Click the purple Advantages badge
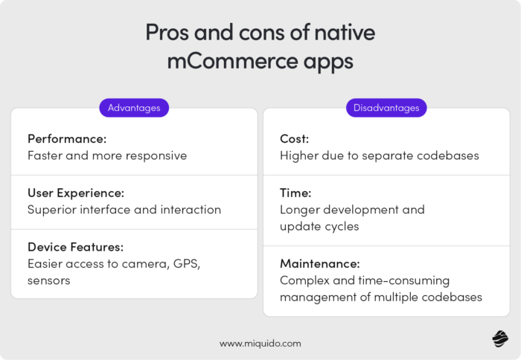(134, 108)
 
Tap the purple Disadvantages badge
(386, 108)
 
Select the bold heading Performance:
(65, 139)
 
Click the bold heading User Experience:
(77, 193)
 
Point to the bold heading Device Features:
(75, 246)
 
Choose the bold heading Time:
(297, 193)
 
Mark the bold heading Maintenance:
(320, 263)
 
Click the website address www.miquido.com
(260, 344)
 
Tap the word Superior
(54, 210)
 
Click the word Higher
(299, 156)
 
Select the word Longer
(301, 210)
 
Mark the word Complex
(304, 280)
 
